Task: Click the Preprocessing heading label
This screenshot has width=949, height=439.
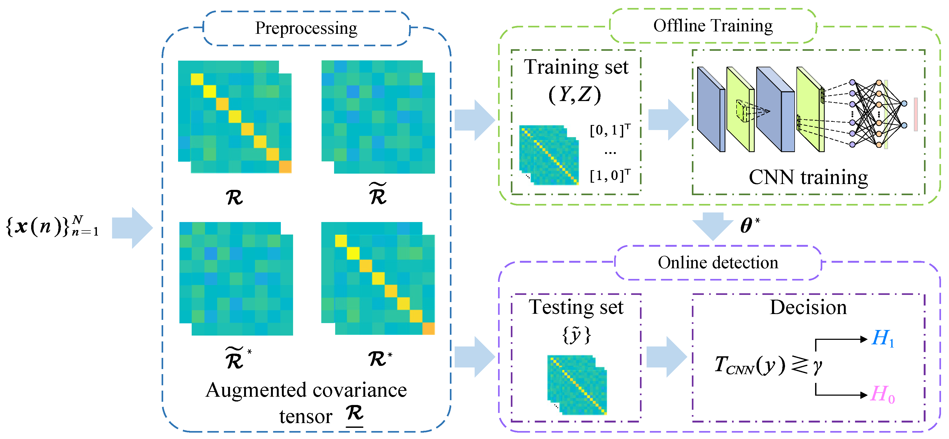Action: (306, 28)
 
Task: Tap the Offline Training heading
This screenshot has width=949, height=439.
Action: (713, 26)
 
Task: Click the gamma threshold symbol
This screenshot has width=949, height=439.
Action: (817, 366)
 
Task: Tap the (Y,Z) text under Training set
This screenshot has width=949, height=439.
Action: (575, 95)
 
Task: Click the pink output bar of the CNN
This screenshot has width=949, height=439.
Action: (915, 114)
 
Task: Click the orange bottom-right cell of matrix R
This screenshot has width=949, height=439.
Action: (285, 167)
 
